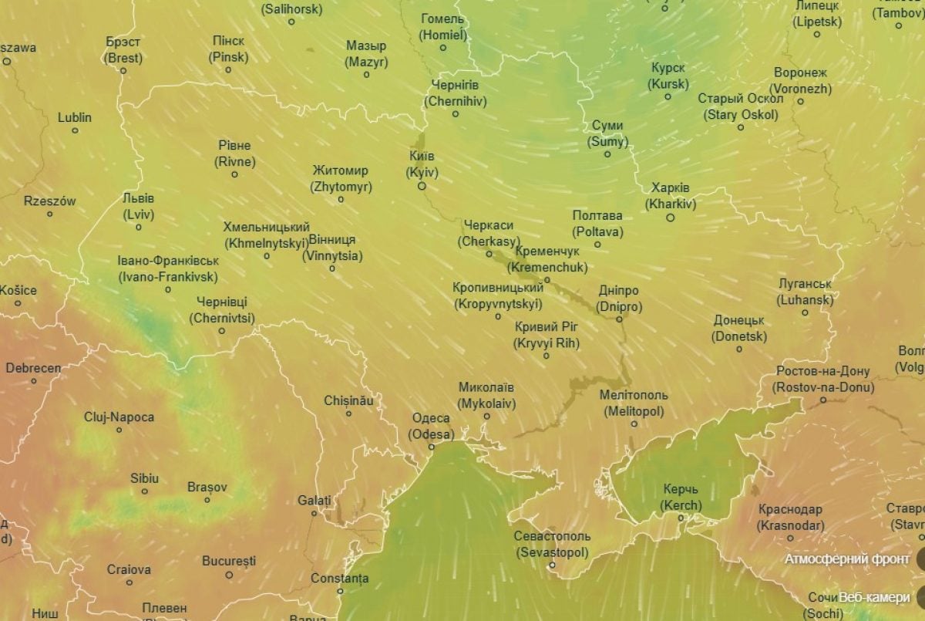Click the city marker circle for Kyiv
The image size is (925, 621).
[422, 186]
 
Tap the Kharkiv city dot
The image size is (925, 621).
[670, 218]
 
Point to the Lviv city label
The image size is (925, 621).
[138, 205]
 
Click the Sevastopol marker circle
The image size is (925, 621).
[552, 565]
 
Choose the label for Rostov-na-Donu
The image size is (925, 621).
[823, 380]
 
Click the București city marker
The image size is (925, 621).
[229, 575]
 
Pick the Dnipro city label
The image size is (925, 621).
[618, 299]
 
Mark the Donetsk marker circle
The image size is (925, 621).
[739, 349]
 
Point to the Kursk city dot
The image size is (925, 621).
[667, 96]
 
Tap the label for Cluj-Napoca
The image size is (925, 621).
[119, 417]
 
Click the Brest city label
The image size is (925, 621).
[123, 50]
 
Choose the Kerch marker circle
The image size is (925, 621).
[681, 518]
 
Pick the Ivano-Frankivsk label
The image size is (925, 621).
[168, 268]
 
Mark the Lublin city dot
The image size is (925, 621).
[75, 130]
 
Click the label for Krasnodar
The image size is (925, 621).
[790, 518]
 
